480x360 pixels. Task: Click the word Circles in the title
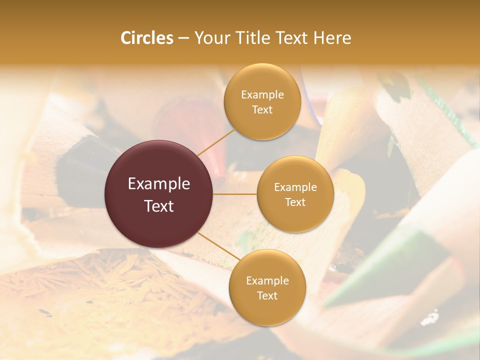146,38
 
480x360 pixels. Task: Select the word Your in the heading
210,38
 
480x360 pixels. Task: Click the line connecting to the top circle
216,141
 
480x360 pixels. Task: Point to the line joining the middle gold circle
235,194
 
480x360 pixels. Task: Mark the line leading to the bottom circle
219,246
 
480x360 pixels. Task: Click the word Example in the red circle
159,184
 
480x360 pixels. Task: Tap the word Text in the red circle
159,206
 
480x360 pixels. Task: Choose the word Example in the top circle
262,95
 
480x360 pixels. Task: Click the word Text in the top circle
262,109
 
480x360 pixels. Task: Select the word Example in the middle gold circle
295,187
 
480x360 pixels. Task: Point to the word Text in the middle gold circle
295,202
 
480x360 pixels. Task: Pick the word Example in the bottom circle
267,281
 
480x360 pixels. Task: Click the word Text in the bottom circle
267,295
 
